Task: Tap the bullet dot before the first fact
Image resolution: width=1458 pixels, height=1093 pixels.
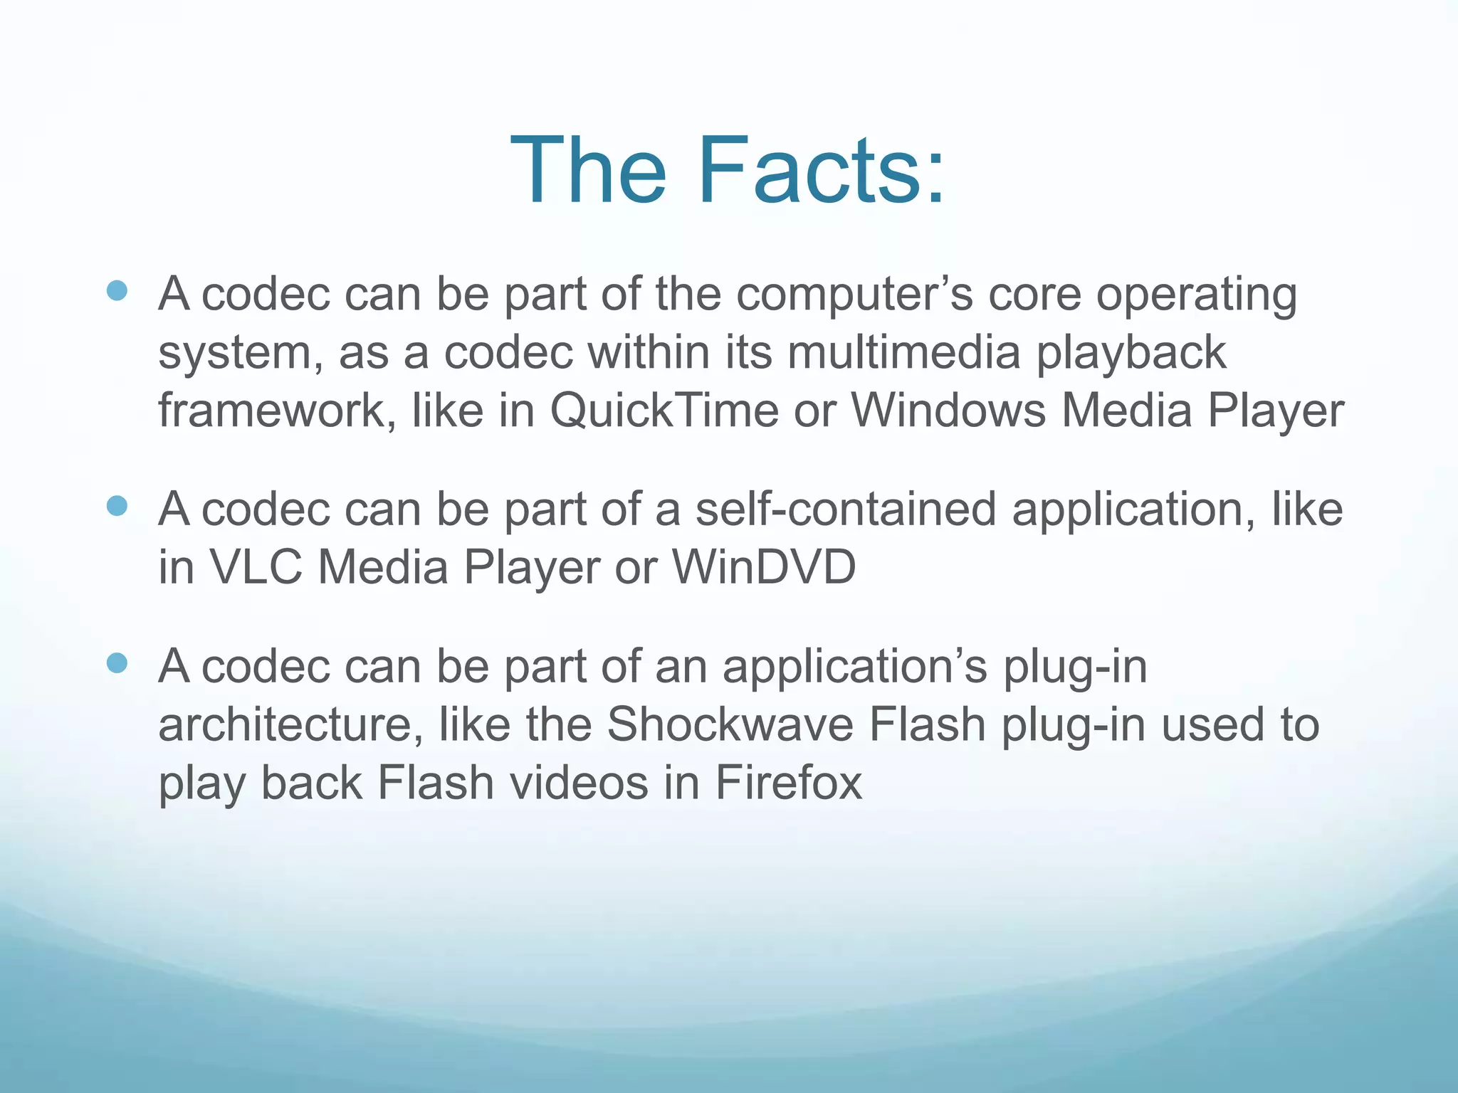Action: (x=117, y=290)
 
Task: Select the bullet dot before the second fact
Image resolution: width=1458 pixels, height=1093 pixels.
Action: (x=117, y=506)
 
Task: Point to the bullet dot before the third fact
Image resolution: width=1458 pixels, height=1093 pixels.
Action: (x=117, y=663)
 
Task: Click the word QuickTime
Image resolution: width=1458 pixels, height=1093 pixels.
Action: (x=664, y=411)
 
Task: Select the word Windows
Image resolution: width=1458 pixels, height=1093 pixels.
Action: (x=948, y=411)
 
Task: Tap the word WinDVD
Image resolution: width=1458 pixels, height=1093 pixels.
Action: (x=764, y=568)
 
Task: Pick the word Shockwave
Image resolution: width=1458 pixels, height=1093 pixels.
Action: (x=730, y=725)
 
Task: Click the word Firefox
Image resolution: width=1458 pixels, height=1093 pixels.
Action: (x=788, y=783)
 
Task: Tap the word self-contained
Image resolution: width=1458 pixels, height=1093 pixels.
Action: (x=846, y=509)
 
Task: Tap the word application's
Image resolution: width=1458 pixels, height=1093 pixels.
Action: (x=855, y=668)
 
